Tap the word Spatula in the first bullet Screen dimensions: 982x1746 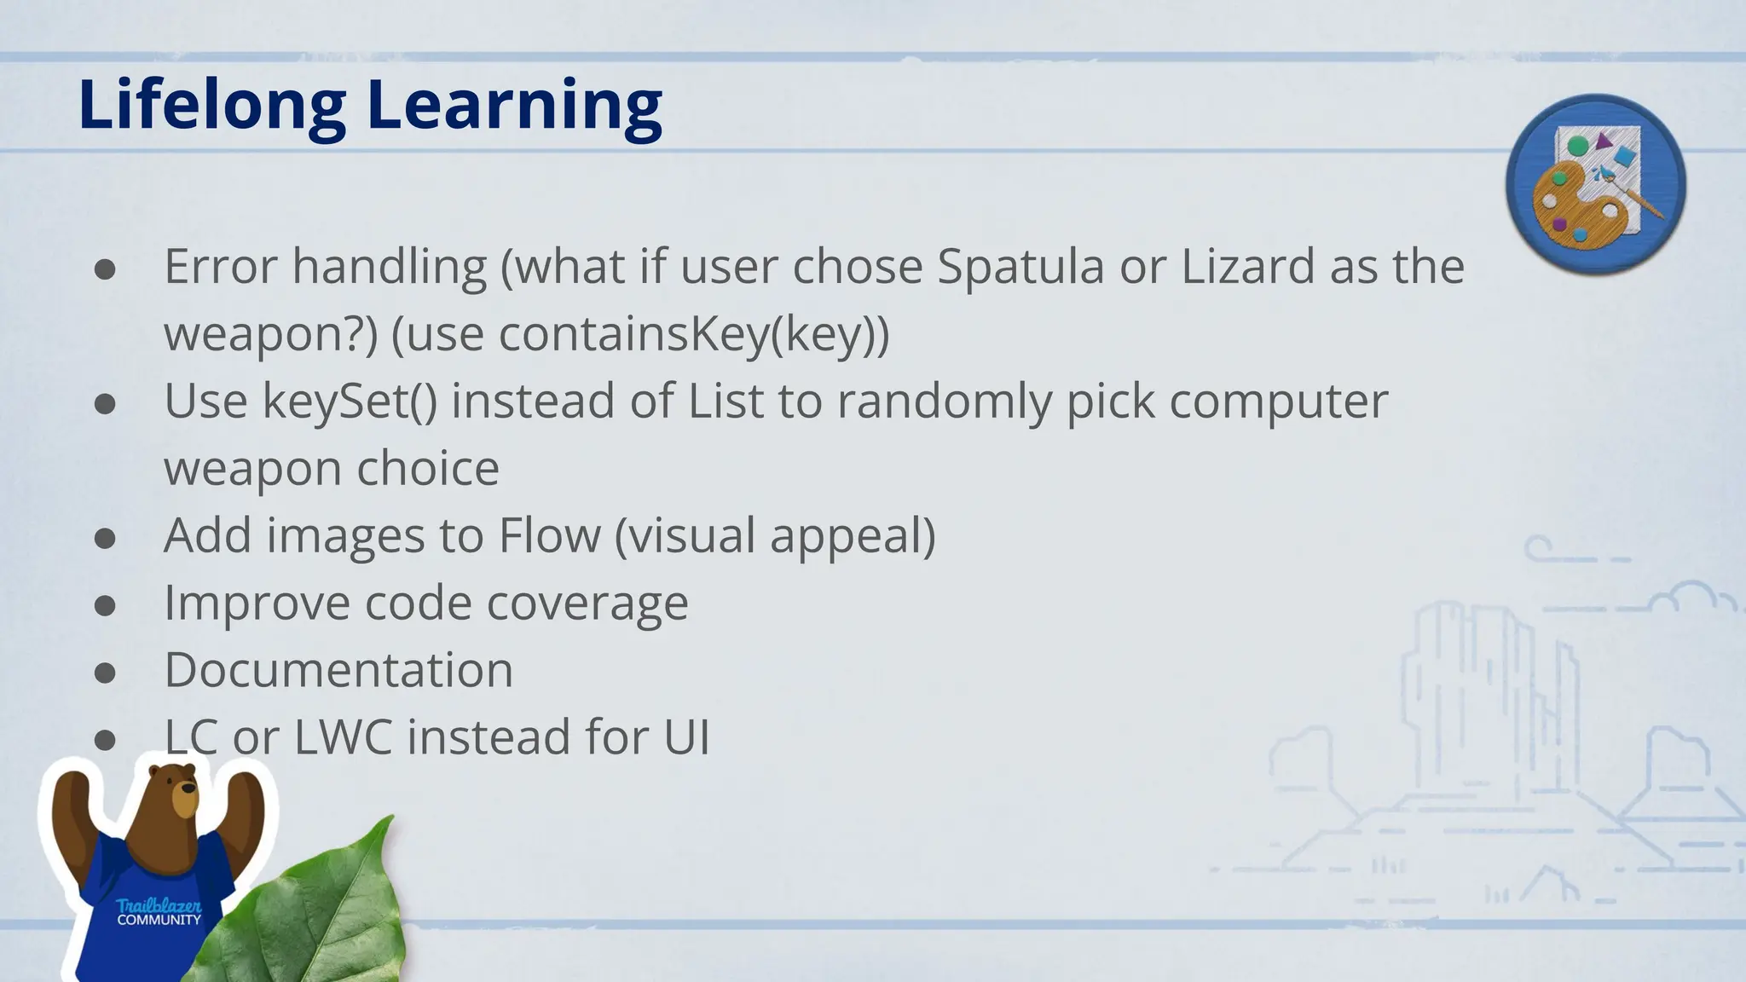pyautogui.click(x=1020, y=267)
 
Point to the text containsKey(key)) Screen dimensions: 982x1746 pyautogui.click(x=693, y=333)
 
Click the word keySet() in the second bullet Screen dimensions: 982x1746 pyautogui.click(x=350, y=401)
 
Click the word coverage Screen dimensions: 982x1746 pyautogui.click(x=587, y=603)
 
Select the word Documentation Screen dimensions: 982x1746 pyautogui.click(x=338, y=670)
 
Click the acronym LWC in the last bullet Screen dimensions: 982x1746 pyautogui.click(x=343, y=736)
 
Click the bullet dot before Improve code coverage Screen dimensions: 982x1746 pyautogui.click(x=105, y=606)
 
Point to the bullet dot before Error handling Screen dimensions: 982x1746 pyautogui.click(x=105, y=270)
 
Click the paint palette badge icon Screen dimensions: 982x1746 pyautogui.click(x=1595, y=185)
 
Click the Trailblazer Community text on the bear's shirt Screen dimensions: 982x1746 pyautogui.click(x=159, y=912)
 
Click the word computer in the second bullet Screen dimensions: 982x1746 pyautogui.click(x=1278, y=401)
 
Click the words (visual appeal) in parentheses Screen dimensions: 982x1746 pyautogui.click(x=774, y=535)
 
